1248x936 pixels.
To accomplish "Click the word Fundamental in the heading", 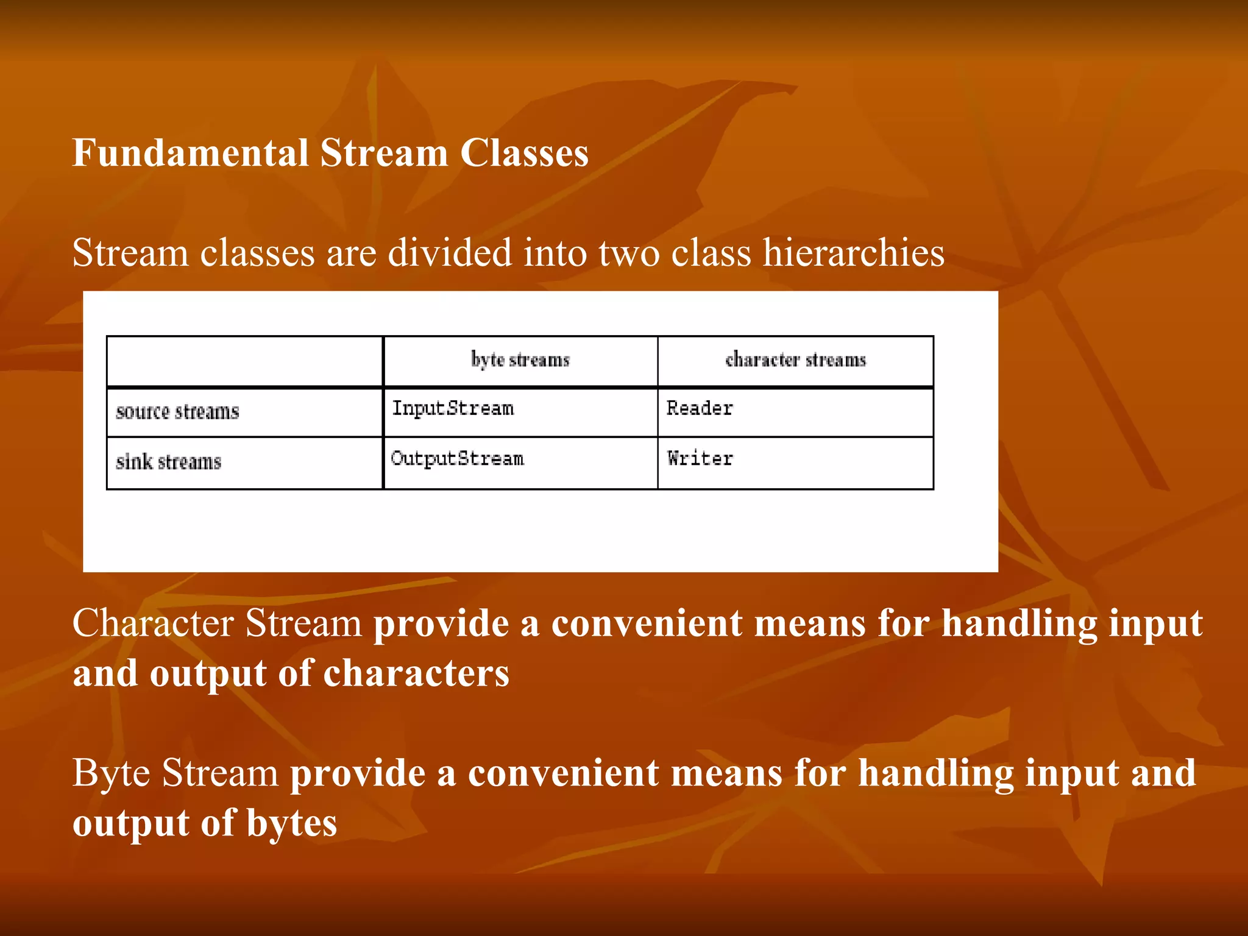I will tap(191, 152).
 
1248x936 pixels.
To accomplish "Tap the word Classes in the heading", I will tap(524, 152).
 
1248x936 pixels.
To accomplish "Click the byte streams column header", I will tap(520, 360).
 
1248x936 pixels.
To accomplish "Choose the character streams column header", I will tap(795, 360).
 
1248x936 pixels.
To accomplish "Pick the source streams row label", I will tap(177, 412).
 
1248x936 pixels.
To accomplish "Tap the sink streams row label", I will tap(169, 462).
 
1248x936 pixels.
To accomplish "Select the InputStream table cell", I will tap(453, 408).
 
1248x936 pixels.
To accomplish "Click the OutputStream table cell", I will tap(457, 458).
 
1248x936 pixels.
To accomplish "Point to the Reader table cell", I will tap(700, 408).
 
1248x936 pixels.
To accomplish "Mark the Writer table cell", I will tap(700, 458).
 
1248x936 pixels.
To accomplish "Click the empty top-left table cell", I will tap(244, 361).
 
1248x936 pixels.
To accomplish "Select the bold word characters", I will tap(416, 673).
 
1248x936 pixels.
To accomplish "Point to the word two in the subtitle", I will tap(629, 252).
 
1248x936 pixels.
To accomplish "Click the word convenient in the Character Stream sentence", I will tap(647, 623).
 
